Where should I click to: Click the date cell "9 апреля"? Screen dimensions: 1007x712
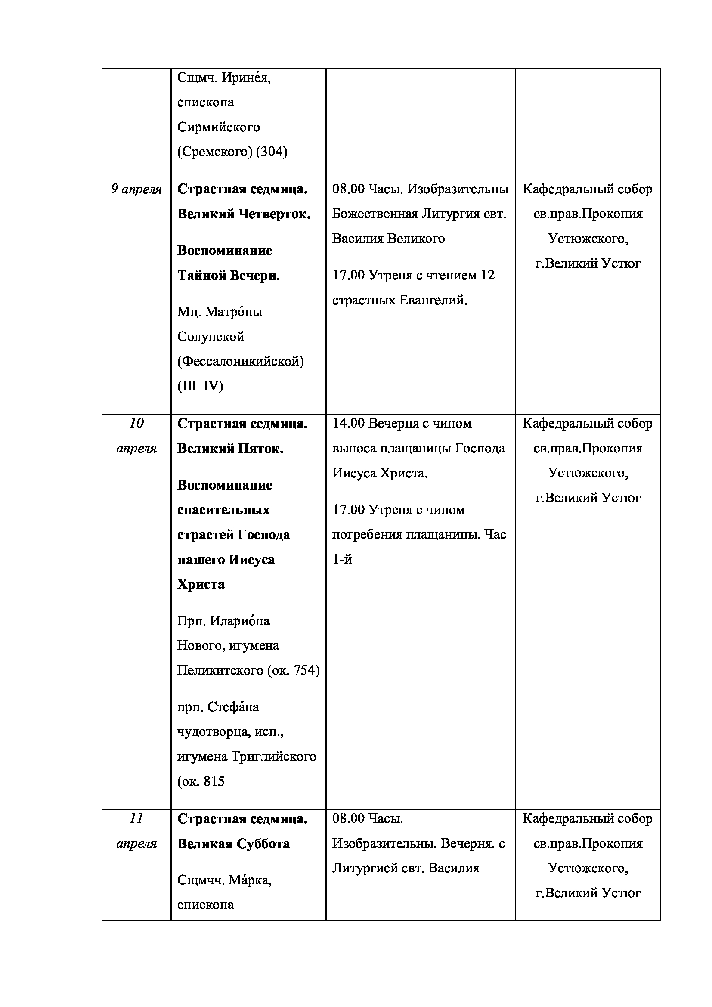click(136, 189)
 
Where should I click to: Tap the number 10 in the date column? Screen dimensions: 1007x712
click(136, 423)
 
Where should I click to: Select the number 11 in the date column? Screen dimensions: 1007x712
click(136, 818)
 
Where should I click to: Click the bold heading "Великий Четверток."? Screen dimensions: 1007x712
click(244, 214)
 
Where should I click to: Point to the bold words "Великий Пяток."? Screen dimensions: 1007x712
click(230, 449)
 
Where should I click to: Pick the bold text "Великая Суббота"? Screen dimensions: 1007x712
click(233, 844)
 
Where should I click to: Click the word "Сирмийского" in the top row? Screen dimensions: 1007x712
click(218, 127)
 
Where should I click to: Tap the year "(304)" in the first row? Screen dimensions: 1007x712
click(271, 152)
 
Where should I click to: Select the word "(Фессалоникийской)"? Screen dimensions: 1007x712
click(240, 361)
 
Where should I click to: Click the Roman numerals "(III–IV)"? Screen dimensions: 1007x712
click(200, 386)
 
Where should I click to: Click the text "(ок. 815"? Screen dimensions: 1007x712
click(201, 781)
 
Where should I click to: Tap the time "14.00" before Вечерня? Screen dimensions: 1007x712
click(348, 424)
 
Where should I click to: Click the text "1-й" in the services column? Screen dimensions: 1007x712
click(342, 560)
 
